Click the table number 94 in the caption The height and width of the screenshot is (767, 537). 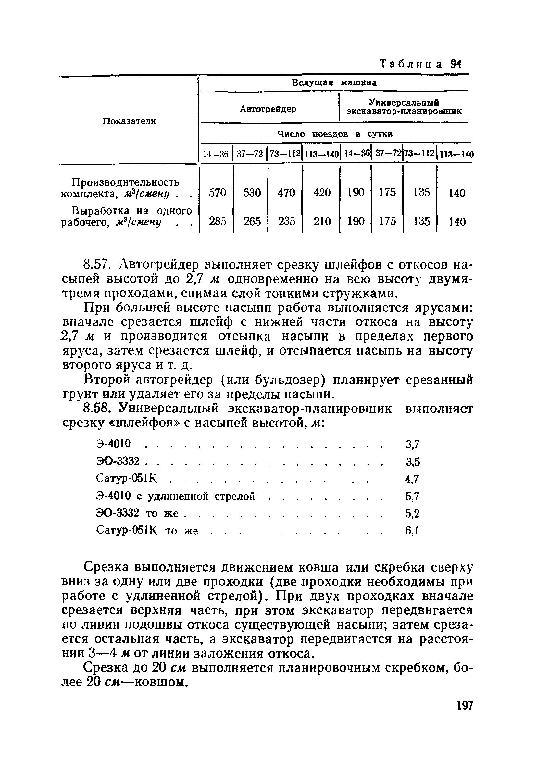click(x=456, y=63)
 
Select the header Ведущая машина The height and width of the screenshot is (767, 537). click(x=334, y=83)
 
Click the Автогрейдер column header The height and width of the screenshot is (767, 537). click(x=268, y=109)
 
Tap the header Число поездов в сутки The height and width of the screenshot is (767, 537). click(x=335, y=134)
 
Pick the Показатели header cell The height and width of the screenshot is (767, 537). click(x=129, y=121)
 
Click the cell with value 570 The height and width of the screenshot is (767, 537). click(x=217, y=193)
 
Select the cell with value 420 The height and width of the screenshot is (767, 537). click(x=322, y=193)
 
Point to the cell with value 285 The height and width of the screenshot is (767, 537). click(x=217, y=221)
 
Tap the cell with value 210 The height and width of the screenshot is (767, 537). click(x=322, y=221)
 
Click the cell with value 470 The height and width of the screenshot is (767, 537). click(x=286, y=193)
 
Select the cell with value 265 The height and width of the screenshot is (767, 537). click(x=252, y=221)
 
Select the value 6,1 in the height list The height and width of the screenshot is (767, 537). click(x=412, y=531)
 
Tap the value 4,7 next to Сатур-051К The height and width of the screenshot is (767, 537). click(x=412, y=479)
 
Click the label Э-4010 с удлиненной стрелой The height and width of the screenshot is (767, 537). click(x=176, y=497)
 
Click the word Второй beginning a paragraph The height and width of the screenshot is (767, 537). click(x=105, y=380)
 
